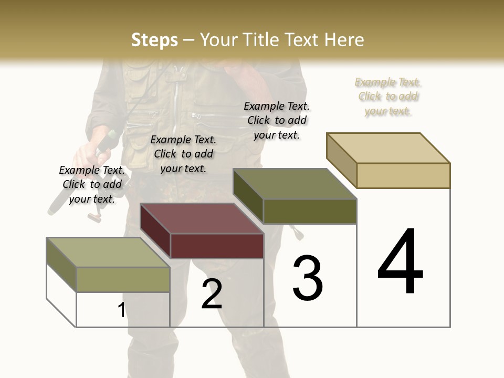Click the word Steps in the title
(154, 40)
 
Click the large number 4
(400, 262)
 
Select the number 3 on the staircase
(307, 278)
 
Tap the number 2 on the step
(212, 294)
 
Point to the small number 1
(121, 310)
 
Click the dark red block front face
(217, 246)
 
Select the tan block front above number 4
(403, 175)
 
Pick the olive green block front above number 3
(310, 211)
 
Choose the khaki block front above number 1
(123, 279)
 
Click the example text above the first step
(92, 184)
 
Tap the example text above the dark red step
(183, 154)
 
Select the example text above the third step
(277, 120)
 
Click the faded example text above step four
(388, 97)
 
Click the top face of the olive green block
(295, 184)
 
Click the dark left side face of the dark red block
(155, 231)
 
